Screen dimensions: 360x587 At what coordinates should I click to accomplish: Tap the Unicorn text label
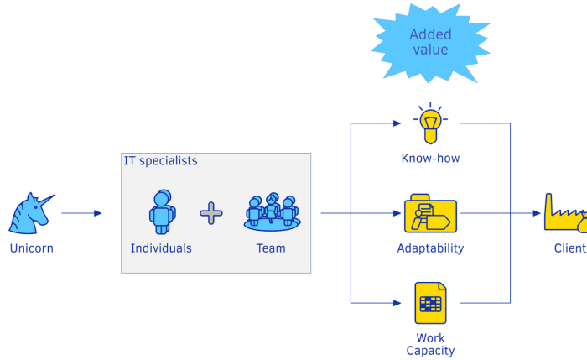tap(31, 248)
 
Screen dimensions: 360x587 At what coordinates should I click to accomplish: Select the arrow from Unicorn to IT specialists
tap(81, 213)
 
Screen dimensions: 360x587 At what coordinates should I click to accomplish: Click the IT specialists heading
tap(161, 160)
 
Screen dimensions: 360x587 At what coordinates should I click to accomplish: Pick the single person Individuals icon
tap(162, 211)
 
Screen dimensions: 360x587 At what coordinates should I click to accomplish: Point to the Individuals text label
tap(161, 248)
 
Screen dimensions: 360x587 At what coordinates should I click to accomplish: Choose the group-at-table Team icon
tap(271, 212)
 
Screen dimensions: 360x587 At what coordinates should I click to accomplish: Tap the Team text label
tap(271, 248)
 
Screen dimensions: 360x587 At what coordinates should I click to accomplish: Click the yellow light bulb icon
tap(430, 123)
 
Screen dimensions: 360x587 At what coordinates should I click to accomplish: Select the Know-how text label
tap(430, 159)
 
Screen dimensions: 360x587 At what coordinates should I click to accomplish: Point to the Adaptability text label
tap(430, 248)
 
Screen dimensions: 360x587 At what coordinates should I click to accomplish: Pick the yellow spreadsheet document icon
tap(429, 303)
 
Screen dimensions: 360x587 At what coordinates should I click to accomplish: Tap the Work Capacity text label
tap(430, 345)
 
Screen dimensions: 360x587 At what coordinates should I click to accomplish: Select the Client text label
tap(570, 248)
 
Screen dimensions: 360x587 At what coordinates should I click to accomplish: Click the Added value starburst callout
tap(430, 43)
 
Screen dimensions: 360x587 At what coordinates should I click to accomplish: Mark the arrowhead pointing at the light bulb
tap(397, 123)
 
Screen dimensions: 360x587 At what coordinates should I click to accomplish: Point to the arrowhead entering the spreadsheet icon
tap(397, 303)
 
